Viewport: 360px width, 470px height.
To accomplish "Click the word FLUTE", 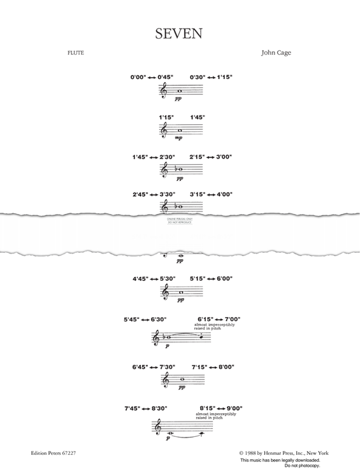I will (x=75, y=53).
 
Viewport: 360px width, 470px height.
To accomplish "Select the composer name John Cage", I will (x=276, y=53).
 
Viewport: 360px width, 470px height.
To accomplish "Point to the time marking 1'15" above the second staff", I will (x=167, y=117).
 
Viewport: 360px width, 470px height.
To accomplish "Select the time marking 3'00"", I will (x=224, y=157).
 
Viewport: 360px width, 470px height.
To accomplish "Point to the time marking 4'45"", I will (x=141, y=278).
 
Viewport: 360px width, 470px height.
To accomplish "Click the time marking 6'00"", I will (x=224, y=278).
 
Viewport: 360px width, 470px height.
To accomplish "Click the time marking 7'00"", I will (x=232, y=318).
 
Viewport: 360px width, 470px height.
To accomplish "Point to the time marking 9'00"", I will (x=233, y=408).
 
